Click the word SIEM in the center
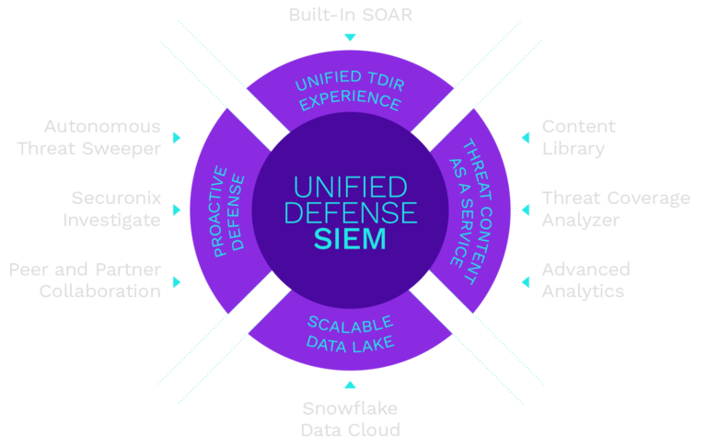point(349,241)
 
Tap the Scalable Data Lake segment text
point(350,333)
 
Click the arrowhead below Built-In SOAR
point(349,38)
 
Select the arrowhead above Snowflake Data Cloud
point(349,384)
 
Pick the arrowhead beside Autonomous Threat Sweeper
point(177,137)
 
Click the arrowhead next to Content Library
point(525,137)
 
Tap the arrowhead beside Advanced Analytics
point(525,280)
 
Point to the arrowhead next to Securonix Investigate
point(177,209)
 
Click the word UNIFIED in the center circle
point(349,187)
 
